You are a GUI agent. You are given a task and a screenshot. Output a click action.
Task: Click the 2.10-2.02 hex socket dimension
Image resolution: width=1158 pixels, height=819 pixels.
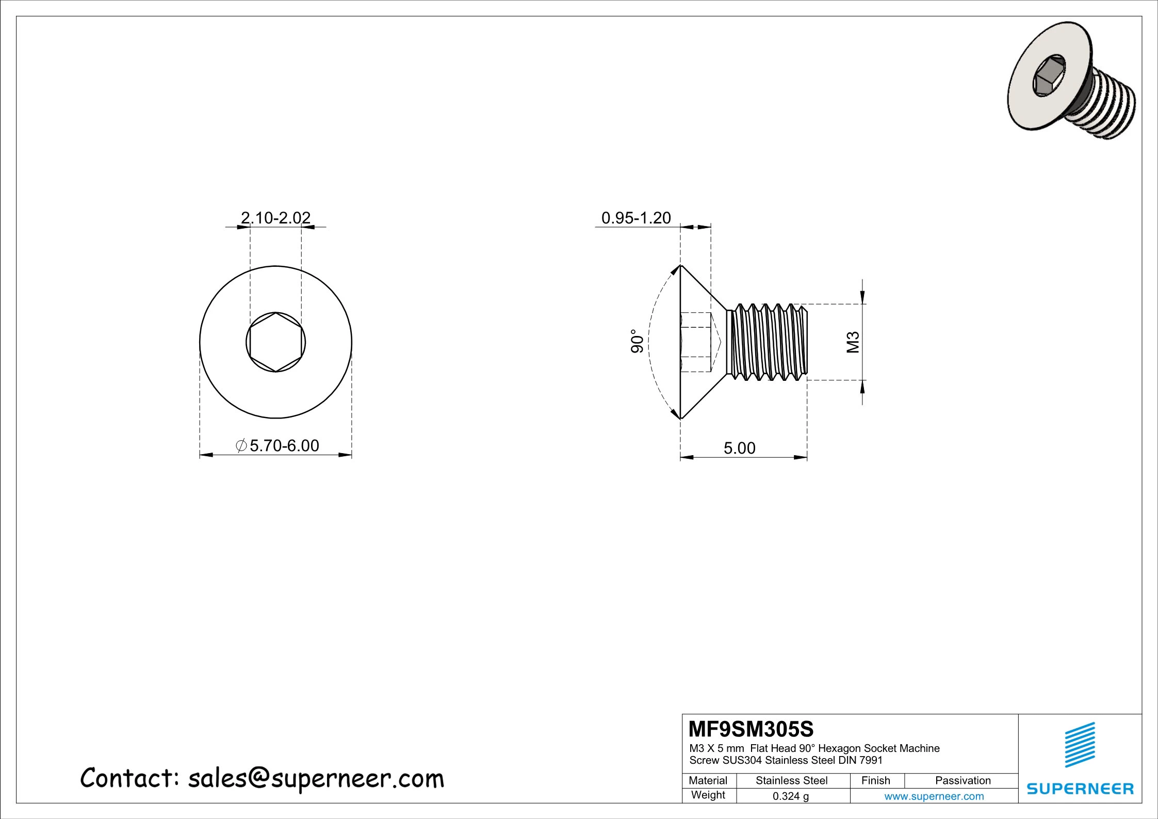(x=276, y=218)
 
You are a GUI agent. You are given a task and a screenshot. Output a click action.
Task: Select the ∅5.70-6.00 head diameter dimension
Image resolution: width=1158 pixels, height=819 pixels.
(x=278, y=445)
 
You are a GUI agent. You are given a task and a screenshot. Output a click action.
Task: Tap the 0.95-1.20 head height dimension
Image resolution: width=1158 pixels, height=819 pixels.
(x=636, y=218)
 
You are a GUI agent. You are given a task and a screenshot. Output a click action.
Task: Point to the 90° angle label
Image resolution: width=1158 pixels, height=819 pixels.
(x=638, y=341)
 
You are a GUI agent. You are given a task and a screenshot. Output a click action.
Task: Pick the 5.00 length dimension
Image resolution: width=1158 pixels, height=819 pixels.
(x=739, y=448)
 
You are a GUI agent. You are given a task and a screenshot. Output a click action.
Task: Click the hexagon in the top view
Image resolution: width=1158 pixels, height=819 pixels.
(x=275, y=342)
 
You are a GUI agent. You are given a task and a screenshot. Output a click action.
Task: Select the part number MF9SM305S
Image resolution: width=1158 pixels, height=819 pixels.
(x=751, y=729)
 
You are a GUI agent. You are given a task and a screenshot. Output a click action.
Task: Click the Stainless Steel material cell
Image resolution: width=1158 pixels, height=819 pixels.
(x=791, y=781)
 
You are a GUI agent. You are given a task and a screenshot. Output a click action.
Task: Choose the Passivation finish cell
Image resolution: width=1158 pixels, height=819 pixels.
(x=963, y=781)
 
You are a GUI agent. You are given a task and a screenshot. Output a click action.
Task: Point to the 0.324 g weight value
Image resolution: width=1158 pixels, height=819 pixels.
(x=790, y=796)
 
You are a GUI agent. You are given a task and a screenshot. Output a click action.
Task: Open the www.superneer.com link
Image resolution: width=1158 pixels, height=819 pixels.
(x=934, y=796)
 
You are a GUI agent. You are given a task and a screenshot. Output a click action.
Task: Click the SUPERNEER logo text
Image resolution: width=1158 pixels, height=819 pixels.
(x=1080, y=789)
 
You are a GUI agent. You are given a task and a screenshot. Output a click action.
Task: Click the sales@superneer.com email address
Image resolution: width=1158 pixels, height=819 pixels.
(x=316, y=778)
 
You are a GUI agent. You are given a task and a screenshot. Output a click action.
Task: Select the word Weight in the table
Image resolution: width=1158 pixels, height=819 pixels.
(x=708, y=795)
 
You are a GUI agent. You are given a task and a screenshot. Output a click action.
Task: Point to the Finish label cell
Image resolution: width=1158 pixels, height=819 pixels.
(x=875, y=781)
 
